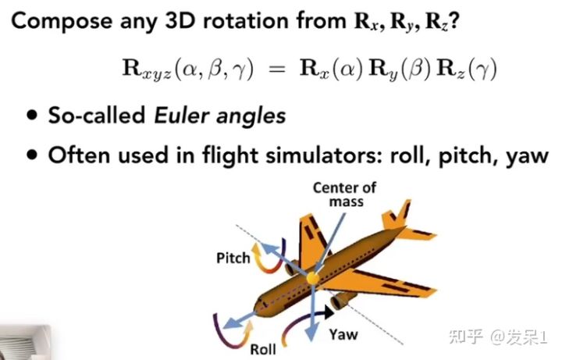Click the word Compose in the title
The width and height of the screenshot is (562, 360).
pos(57,20)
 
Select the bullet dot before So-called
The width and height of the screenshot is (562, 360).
pos(30,116)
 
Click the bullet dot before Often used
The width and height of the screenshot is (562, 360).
pos(30,154)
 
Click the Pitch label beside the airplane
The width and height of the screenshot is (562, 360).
pos(233,258)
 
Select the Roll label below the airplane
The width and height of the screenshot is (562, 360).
pos(263,349)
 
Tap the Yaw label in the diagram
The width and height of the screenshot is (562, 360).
pos(343,334)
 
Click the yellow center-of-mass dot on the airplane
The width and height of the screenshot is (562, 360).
pos(312,277)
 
